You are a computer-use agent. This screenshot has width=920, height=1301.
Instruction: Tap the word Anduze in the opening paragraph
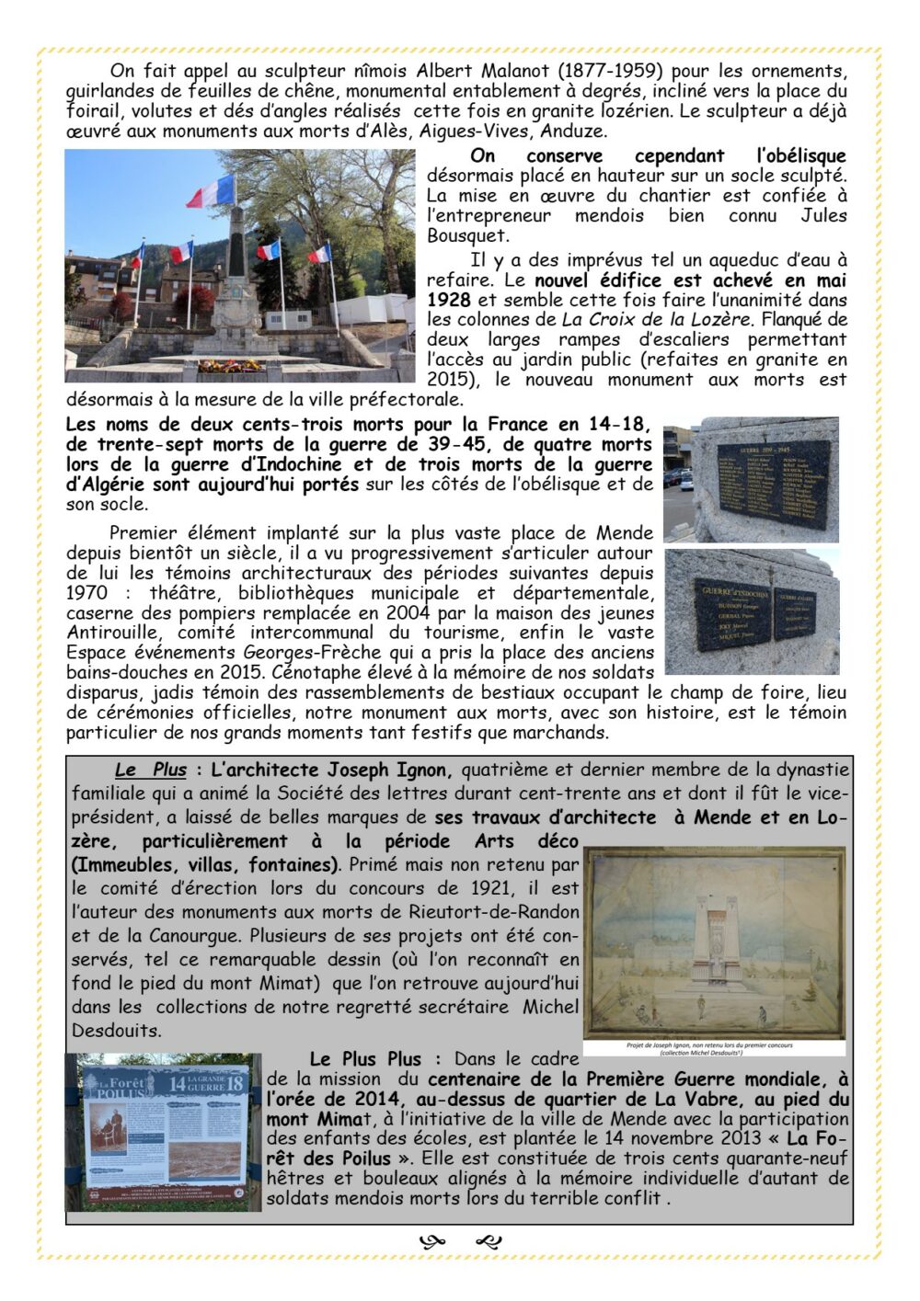pyautogui.click(x=571, y=131)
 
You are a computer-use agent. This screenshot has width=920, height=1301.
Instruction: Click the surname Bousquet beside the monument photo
pyautogui.click(x=468, y=236)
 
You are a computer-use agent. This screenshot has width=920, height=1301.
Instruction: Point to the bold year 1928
pyautogui.click(x=448, y=301)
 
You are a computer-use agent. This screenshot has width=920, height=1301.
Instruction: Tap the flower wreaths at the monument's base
pyautogui.click(x=230, y=366)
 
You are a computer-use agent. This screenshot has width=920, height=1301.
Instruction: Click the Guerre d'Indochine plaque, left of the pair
pyautogui.click(x=732, y=614)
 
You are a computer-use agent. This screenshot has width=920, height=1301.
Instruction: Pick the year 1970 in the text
pyautogui.click(x=87, y=593)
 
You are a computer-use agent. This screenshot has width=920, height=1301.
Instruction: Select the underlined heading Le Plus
pyautogui.click(x=151, y=770)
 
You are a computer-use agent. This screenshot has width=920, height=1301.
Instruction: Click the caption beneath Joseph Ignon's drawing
pyautogui.click(x=713, y=1049)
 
